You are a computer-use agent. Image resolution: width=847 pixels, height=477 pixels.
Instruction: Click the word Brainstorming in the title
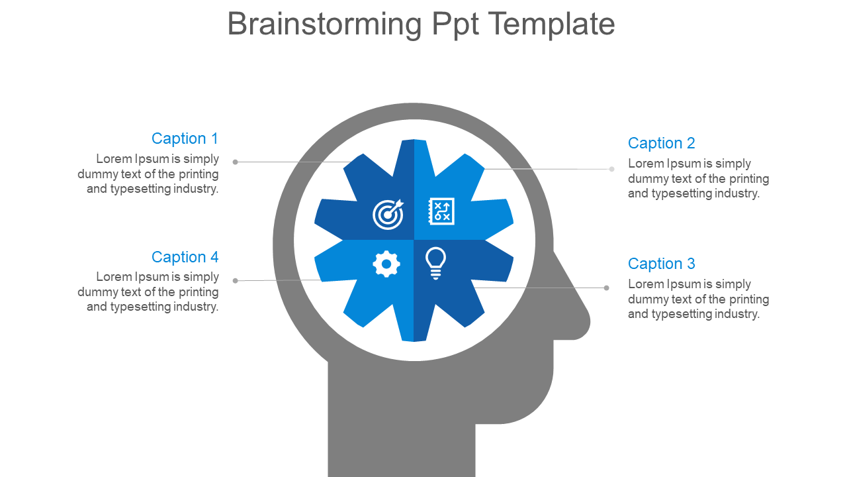click(324, 25)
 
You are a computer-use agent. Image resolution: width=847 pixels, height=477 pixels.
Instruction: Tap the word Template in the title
click(552, 25)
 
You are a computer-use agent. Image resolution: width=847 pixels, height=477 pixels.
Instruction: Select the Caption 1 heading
click(185, 138)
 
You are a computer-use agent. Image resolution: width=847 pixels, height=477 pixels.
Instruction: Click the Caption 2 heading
click(661, 143)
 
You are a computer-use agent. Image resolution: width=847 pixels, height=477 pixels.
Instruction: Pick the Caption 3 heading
click(661, 264)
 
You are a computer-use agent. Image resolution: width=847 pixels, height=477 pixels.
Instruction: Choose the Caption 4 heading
click(185, 257)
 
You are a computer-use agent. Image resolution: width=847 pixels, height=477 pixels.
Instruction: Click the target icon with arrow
click(388, 213)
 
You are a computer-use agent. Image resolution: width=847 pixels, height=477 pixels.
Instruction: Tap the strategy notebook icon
click(441, 211)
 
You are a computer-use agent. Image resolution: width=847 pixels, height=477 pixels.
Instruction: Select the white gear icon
click(386, 264)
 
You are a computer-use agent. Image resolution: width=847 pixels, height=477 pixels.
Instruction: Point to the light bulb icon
click(435, 263)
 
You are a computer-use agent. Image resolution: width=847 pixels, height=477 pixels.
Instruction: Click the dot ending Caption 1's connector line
click(235, 162)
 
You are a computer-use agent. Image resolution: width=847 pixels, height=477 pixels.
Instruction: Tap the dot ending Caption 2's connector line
click(612, 169)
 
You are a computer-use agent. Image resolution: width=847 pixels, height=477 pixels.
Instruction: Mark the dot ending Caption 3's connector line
click(607, 288)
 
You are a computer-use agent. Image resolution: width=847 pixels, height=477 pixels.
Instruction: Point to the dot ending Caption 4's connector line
click(235, 281)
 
